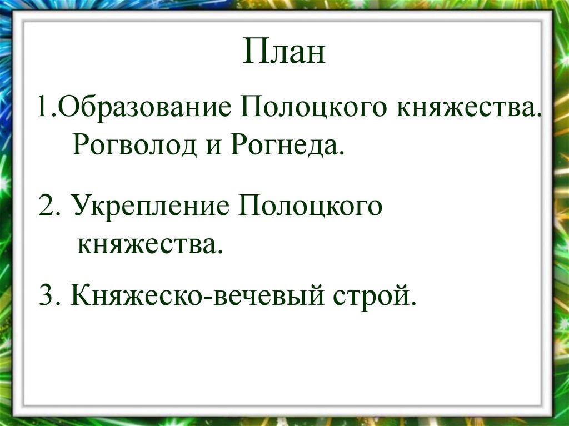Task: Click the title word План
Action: [284, 54]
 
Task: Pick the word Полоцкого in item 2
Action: [311, 207]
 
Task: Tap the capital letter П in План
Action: [253, 54]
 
